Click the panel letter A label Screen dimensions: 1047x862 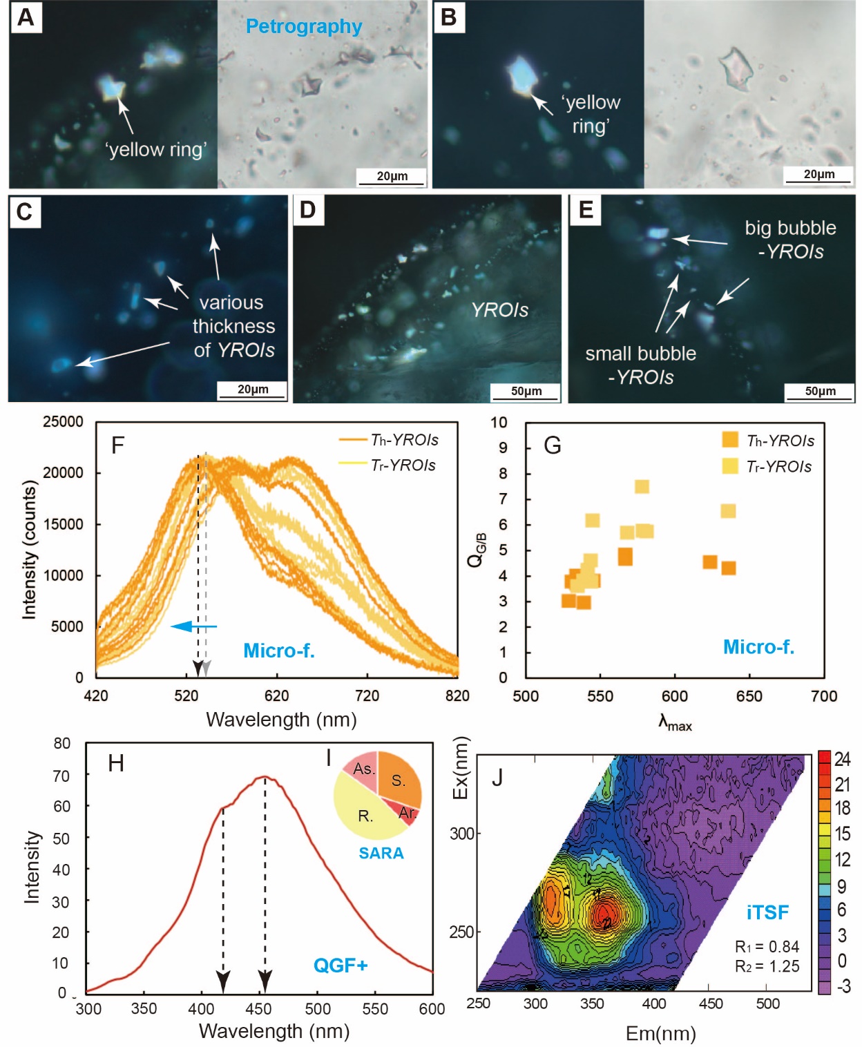[26, 17]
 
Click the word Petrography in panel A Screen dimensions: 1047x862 [304, 27]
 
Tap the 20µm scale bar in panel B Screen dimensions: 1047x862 [818, 175]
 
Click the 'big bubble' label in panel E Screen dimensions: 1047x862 [790, 228]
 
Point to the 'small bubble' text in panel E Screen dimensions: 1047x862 [640, 354]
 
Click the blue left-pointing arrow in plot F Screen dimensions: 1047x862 [194, 626]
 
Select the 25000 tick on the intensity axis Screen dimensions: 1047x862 [63, 422]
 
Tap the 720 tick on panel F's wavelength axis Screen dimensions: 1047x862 [367, 695]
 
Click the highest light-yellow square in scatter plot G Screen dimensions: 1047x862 [642, 487]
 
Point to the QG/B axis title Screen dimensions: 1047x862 [477, 550]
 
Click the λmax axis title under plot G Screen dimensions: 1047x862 [675, 723]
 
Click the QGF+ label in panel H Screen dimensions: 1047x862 [341, 965]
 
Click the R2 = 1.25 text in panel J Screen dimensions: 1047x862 [767, 966]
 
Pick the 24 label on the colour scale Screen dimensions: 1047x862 [842, 759]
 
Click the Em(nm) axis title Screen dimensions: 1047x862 [660, 1033]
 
